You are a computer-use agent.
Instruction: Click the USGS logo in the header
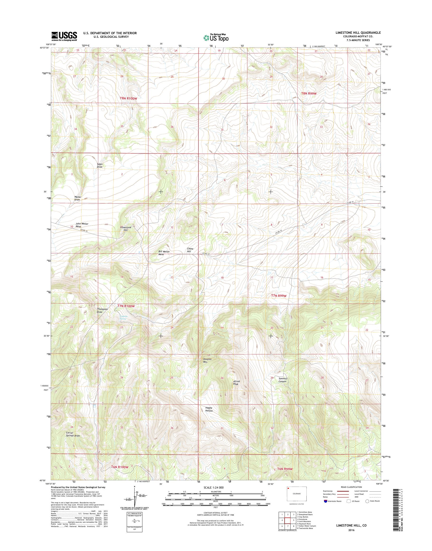coord(64,36)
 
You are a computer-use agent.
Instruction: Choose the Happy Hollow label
coord(209,409)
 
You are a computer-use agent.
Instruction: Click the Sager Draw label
coord(100,166)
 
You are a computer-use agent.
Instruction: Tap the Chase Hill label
coord(190,250)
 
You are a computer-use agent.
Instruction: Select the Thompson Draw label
coord(102,311)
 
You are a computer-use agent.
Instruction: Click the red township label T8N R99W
coord(309,93)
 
